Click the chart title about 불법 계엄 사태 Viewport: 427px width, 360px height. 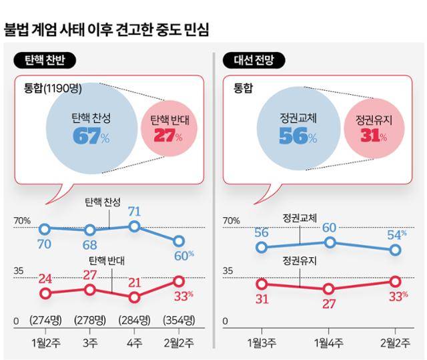coord(106,29)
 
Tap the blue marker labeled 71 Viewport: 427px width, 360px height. coord(134,226)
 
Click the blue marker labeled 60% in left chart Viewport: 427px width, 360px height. coord(178,241)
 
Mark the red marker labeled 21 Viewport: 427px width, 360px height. coord(134,297)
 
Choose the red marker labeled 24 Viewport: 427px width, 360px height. coord(45,293)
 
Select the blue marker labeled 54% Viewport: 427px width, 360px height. coord(394,250)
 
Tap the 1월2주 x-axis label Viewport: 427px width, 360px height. coord(45,343)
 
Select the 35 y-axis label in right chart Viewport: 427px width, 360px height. coord(228,271)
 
